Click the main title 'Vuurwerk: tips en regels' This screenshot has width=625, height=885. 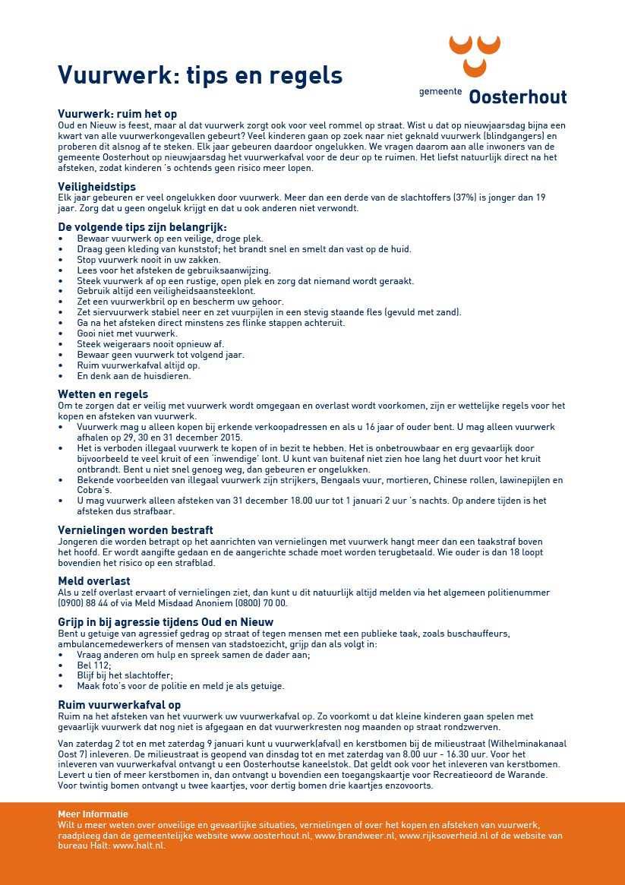tap(200, 76)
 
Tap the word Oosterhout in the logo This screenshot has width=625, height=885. tap(517, 96)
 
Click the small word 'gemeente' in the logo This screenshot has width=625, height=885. tap(440, 92)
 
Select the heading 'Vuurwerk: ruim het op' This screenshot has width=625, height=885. tap(117, 114)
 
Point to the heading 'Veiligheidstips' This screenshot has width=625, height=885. tap(96, 186)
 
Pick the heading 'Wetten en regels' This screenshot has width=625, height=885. tap(103, 394)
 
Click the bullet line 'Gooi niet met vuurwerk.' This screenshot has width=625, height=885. tap(128, 333)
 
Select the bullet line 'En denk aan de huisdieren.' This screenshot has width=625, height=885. tap(134, 376)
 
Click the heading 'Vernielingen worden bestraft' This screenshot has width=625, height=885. tap(135, 530)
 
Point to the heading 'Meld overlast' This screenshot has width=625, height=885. tap(94, 581)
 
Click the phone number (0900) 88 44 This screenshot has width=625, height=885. tap(90, 603)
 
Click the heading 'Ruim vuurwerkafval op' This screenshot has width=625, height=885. tap(119, 705)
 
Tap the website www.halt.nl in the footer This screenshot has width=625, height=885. tap(139, 845)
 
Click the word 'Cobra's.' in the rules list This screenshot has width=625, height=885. tap(94, 490)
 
